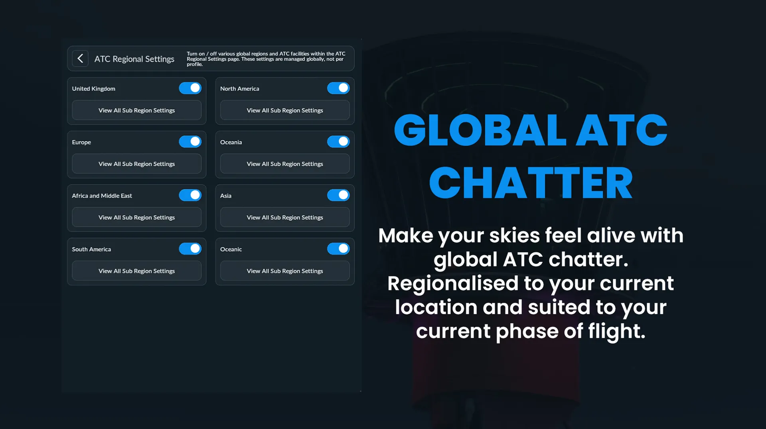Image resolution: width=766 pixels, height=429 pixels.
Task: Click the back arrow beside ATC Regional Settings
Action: tap(80, 59)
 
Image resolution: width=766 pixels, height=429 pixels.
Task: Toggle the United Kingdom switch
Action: tap(190, 88)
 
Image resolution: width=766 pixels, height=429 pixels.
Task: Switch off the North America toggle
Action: tap(338, 88)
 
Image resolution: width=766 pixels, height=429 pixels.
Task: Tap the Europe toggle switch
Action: tap(190, 141)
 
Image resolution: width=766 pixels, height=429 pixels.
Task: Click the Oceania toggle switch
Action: tap(338, 141)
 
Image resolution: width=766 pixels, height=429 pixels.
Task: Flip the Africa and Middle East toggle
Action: tap(190, 195)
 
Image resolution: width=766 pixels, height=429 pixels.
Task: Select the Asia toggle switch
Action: tap(338, 195)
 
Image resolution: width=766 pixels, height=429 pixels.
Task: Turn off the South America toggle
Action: tap(190, 249)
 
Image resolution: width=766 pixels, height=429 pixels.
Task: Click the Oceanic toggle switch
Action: tap(338, 249)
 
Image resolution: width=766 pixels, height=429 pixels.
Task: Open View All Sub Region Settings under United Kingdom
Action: tap(136, 110)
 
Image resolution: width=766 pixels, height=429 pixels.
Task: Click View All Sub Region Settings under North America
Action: tap(285, 110)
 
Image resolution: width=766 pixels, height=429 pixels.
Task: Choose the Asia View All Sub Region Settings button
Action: tap(285, 217)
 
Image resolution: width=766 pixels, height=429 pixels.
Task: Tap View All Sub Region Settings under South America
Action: tap(136, 271)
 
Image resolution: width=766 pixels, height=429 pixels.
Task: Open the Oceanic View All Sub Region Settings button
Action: tap(285, 271)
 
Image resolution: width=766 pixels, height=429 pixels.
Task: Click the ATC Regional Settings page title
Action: tap(134, 59)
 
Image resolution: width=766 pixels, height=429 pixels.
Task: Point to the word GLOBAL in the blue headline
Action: tap(480, 130)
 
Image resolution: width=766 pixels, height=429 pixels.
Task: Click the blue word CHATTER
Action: tap(531, 183)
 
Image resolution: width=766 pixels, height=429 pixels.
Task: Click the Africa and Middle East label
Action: tap(102, 196)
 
